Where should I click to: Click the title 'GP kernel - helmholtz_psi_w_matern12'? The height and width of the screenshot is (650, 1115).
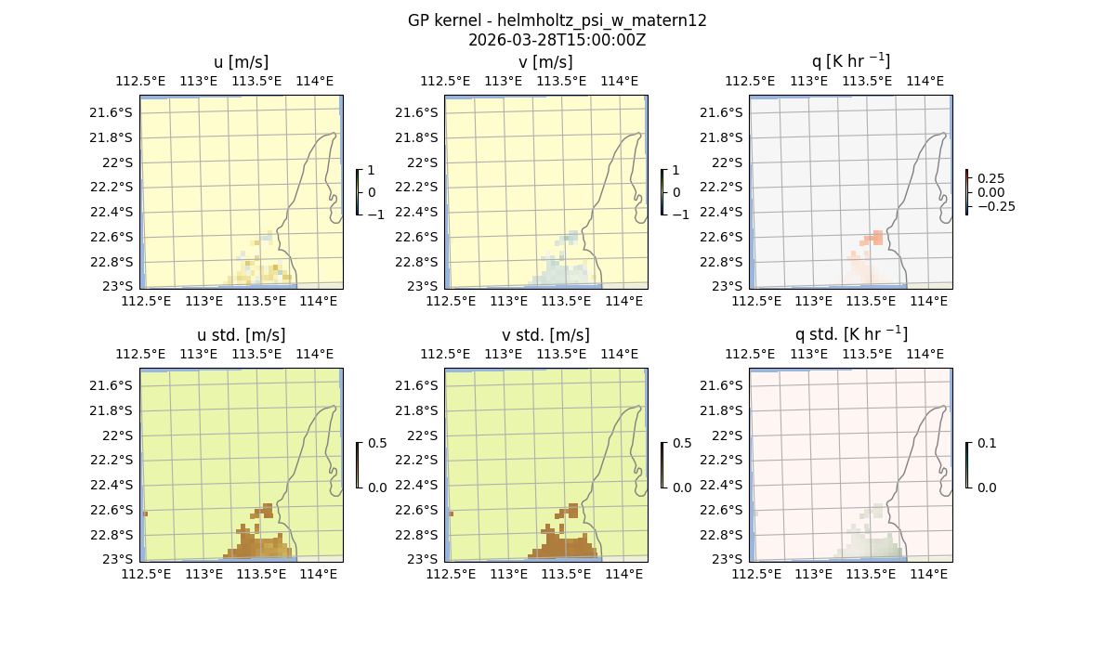(x=557, y=20)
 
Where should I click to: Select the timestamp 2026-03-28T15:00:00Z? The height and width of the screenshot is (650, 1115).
(x=557, y=40)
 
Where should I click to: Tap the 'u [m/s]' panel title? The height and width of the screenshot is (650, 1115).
(x=241, y=62)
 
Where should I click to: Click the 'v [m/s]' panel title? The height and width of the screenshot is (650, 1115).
(x=545, y=62)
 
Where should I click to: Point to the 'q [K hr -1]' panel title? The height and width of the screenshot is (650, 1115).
(x=850, y=61)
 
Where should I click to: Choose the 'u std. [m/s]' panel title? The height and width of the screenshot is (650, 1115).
(x=241, y=335)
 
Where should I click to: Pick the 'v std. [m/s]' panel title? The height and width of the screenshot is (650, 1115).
(x=545, y=335)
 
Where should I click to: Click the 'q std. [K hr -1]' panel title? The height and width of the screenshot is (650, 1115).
(x=850, y=334)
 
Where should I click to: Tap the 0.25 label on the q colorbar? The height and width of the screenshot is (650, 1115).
(x=990, y=178)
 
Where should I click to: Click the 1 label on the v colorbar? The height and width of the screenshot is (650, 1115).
(x=676, y=170)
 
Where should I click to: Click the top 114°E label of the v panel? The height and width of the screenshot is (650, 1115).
(x=620, y=81)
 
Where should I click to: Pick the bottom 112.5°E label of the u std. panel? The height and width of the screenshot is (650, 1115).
(x=147, y=575)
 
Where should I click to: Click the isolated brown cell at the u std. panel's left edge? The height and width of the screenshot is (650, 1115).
(x=145, y=513)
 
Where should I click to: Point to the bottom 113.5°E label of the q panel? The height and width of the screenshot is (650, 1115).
(x=871, y=302)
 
